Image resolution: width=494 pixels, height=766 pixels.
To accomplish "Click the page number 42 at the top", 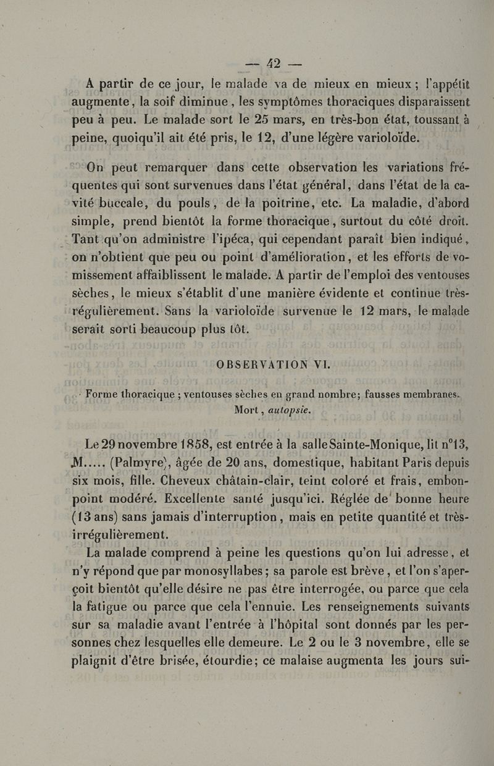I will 272,63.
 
